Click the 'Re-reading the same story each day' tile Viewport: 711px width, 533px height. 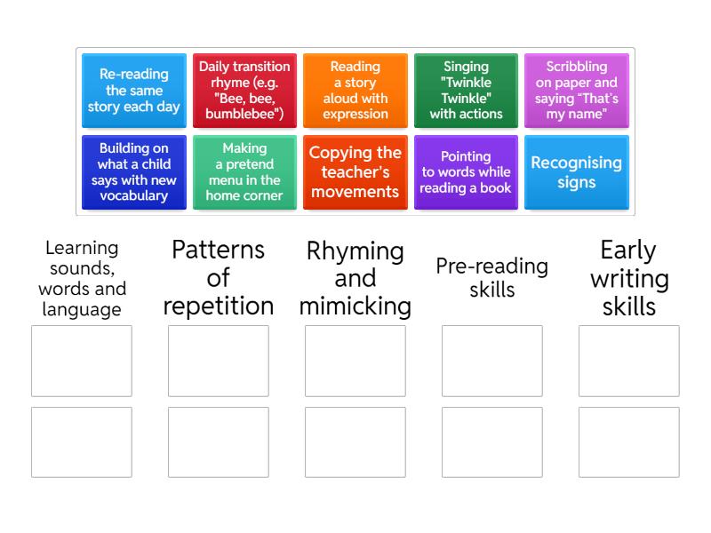pos(134,91)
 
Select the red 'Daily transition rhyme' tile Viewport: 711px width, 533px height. pos(245,91)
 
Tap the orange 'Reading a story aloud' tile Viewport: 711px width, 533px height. pos(355,91)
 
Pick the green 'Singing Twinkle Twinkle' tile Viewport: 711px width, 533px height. pos(466,91)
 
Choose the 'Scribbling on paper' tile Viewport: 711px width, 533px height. pos(577,91)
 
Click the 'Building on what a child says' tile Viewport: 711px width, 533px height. pos(134,172)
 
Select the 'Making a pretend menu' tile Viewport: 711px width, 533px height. pos(245,172)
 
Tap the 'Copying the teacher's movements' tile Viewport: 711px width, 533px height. pos(355,172)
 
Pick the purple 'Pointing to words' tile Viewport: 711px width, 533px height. pos(466,172)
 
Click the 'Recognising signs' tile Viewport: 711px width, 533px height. pos(577,172)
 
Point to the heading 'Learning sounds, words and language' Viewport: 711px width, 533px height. pos(82,278)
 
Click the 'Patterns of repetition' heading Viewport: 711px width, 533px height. pos(219,277)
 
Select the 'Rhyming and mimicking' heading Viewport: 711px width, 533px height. pos(355,277)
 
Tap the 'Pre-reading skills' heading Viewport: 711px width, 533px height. pos(492,277)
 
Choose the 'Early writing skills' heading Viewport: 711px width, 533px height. pos(629,277)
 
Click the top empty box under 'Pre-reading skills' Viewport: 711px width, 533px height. pos(492,361)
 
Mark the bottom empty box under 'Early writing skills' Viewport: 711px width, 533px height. pos(629,442)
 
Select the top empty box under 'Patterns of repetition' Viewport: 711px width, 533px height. pos(219,361)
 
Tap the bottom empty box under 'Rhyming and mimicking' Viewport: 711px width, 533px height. pos(355,442)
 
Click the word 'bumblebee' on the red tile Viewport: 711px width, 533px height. pos(243,114)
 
